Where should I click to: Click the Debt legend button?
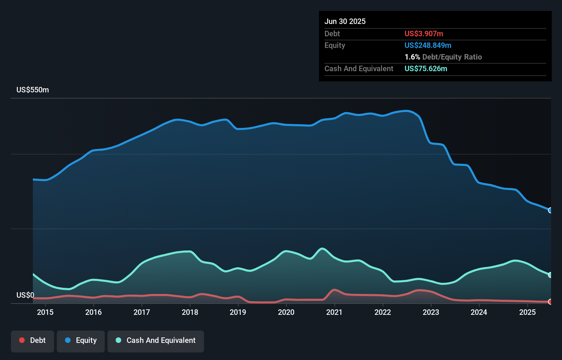[33, 341]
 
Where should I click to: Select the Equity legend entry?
[81, 341]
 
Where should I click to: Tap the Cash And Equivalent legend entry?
[156, 341]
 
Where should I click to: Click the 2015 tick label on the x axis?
[45, 312]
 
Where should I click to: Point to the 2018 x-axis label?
[190, 312]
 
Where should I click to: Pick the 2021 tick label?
[334, 312]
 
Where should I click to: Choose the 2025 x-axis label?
[527, 312]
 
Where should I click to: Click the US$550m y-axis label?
[33, 90]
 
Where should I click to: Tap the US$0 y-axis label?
[25, 295]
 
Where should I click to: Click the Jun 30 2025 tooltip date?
[345, 22]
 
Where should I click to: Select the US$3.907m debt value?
[424, 34]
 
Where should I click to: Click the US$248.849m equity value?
[428, 46]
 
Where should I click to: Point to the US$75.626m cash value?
[426, 69]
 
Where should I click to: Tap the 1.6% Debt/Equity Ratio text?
[443, 57]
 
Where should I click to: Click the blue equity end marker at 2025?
[550, 210]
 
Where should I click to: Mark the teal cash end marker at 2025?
[550, 275]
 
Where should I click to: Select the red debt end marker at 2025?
[550, 301]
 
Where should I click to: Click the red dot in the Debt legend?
[22, 340]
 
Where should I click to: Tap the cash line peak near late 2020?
[322, 249]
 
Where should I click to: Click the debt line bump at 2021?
[334, 290]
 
